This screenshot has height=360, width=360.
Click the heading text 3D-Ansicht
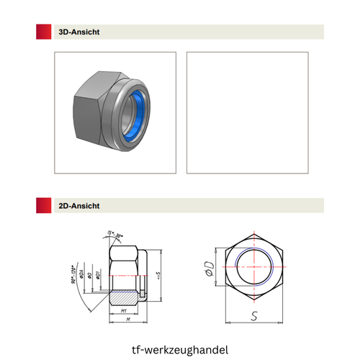pos(80,32)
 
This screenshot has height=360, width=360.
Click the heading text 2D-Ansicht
pos(80,205)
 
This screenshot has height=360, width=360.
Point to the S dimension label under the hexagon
pos(253,315)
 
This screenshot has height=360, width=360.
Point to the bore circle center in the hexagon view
pos(253,266)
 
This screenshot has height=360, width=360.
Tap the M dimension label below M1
pos(127,319)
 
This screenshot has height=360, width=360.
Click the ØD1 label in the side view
pos(99,276)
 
